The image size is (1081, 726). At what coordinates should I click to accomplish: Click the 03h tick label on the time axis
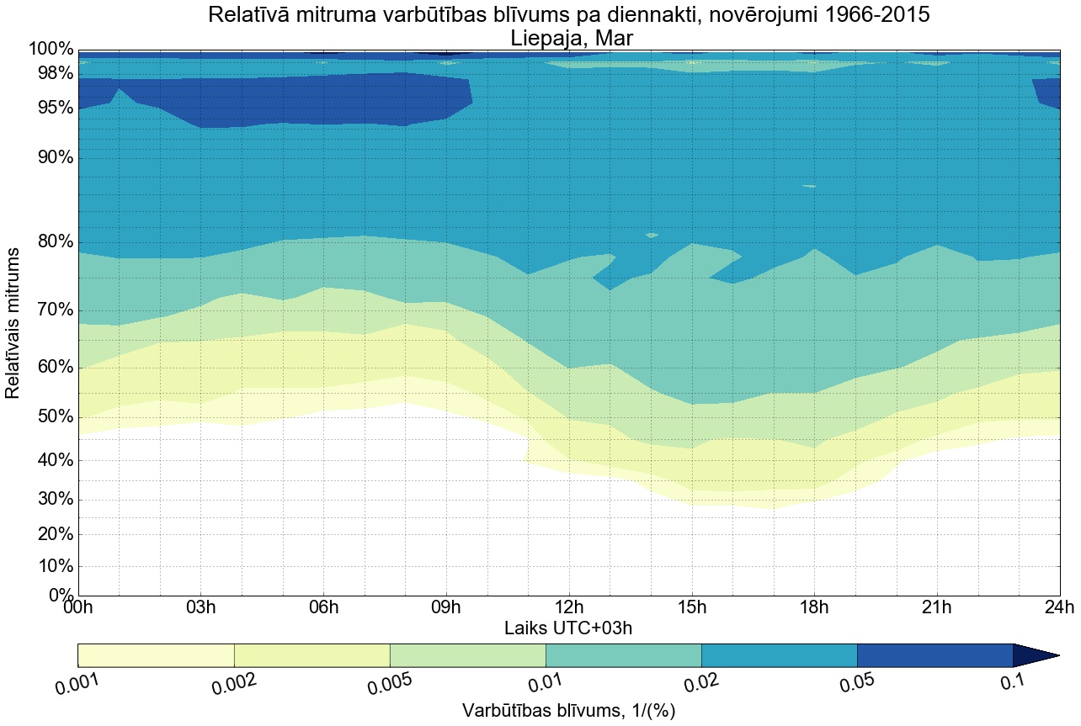click(200, 607)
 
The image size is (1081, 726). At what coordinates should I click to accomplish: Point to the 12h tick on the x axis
click(569, 607)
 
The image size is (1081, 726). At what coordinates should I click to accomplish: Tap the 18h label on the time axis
click(814, 607)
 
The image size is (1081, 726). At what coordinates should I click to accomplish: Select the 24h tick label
click(1058, 607)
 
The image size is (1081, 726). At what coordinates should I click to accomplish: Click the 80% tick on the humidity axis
click(52, 242)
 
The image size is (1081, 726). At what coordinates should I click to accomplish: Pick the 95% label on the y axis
click(52, 109)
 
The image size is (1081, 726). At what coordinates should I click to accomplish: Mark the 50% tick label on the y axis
click(52, 418)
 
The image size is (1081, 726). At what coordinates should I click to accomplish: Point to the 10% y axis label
click(52, 566)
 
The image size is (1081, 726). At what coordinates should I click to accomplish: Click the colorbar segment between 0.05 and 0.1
click(935, 655)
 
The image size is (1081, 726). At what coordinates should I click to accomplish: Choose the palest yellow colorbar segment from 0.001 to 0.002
click(156, 655)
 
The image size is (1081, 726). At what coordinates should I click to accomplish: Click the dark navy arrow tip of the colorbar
click(1036, 655)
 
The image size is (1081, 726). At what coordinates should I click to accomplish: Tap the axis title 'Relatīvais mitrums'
click(13, 323)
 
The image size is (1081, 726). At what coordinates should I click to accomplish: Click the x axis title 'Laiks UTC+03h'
click(569, 628)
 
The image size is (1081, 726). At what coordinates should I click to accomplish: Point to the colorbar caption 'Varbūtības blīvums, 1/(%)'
click(569, 711)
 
